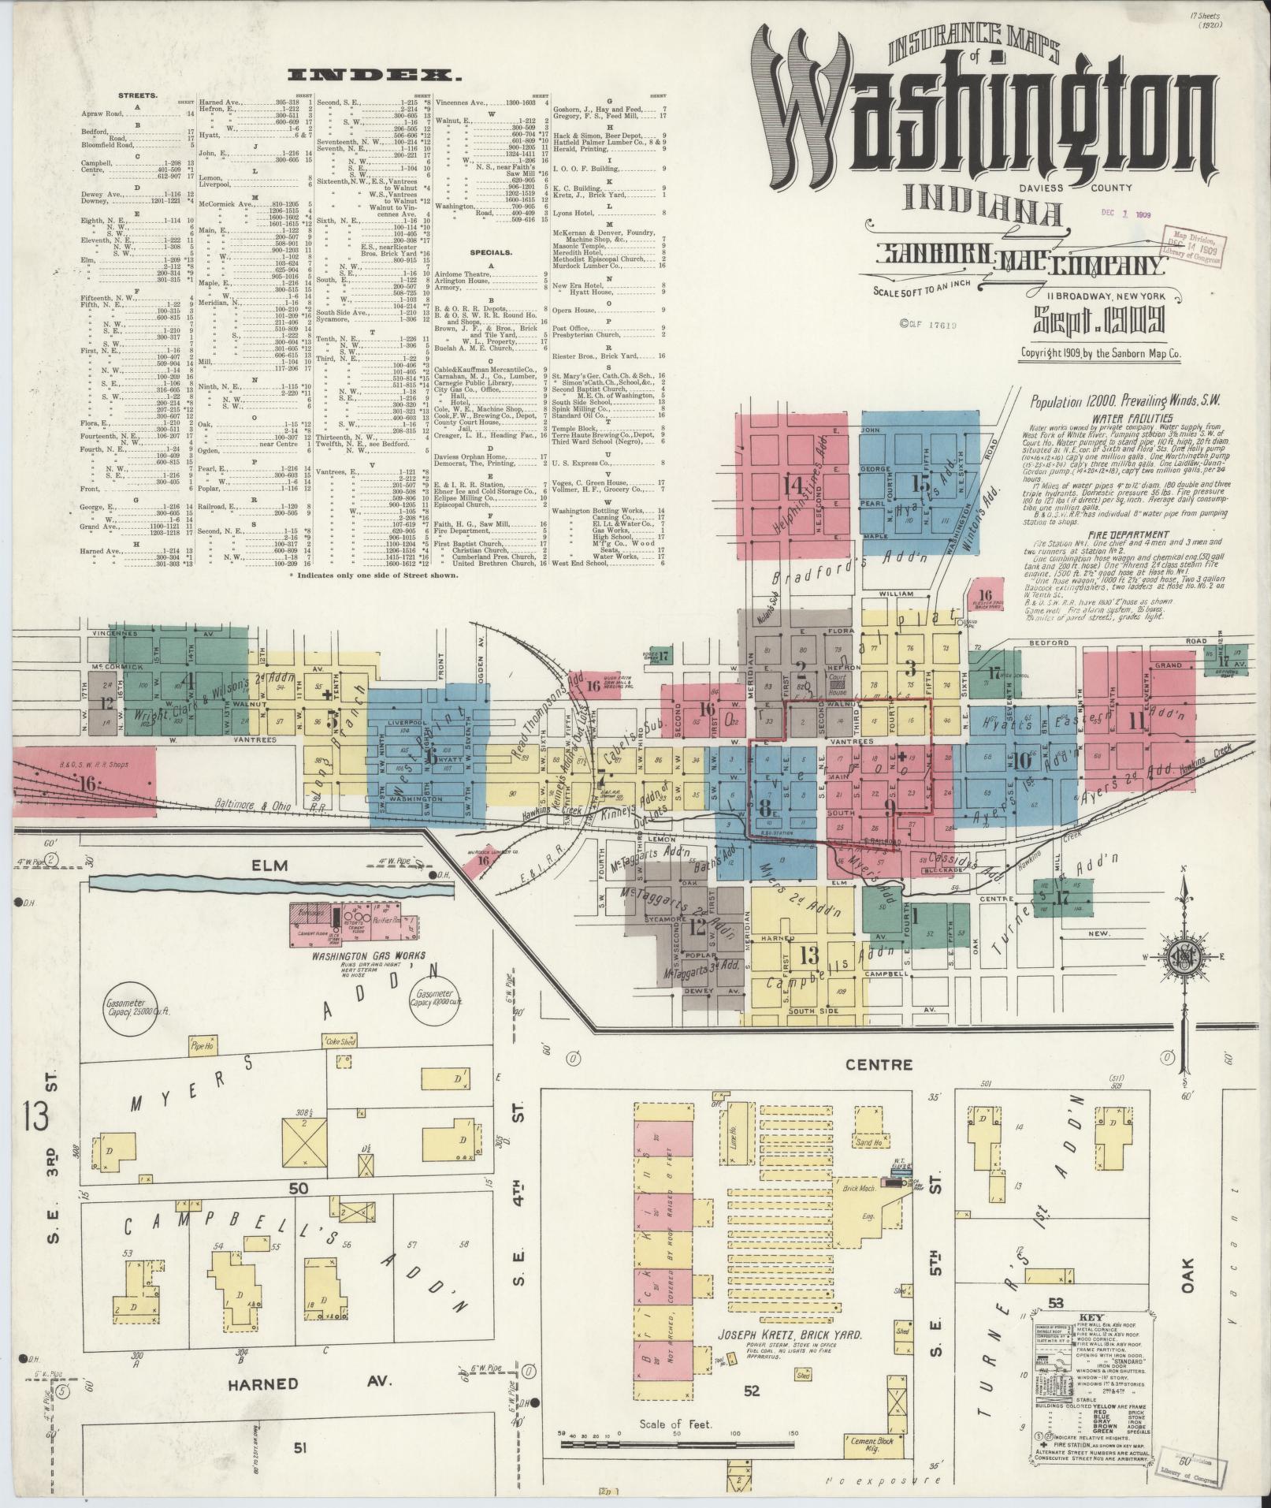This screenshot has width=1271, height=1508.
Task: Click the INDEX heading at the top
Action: (373, 75)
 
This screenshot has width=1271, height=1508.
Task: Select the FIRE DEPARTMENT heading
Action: (1123, 534)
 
